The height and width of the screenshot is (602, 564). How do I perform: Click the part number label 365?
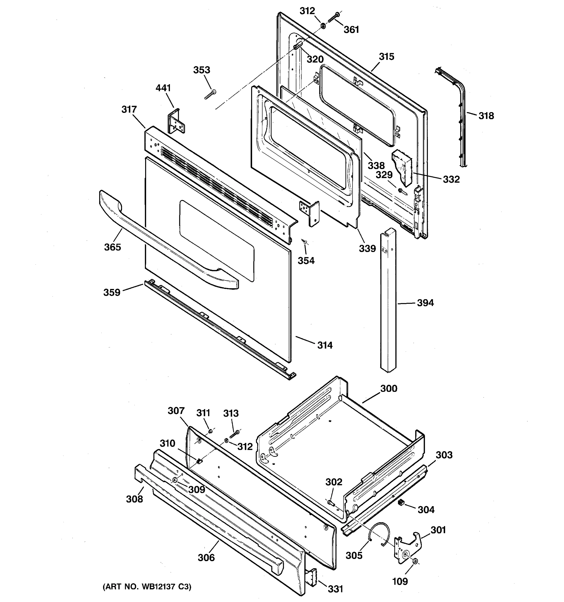[x=112, y=247]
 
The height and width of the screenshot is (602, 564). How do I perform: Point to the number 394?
[x=425, y=303]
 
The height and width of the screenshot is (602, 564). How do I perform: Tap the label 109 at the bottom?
[x=400, y=581]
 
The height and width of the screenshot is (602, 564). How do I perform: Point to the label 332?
[x=451, y=179]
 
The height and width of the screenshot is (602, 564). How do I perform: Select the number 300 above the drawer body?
[x=389, y=388]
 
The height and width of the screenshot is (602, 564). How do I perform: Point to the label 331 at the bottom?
[x=336, y=589]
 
